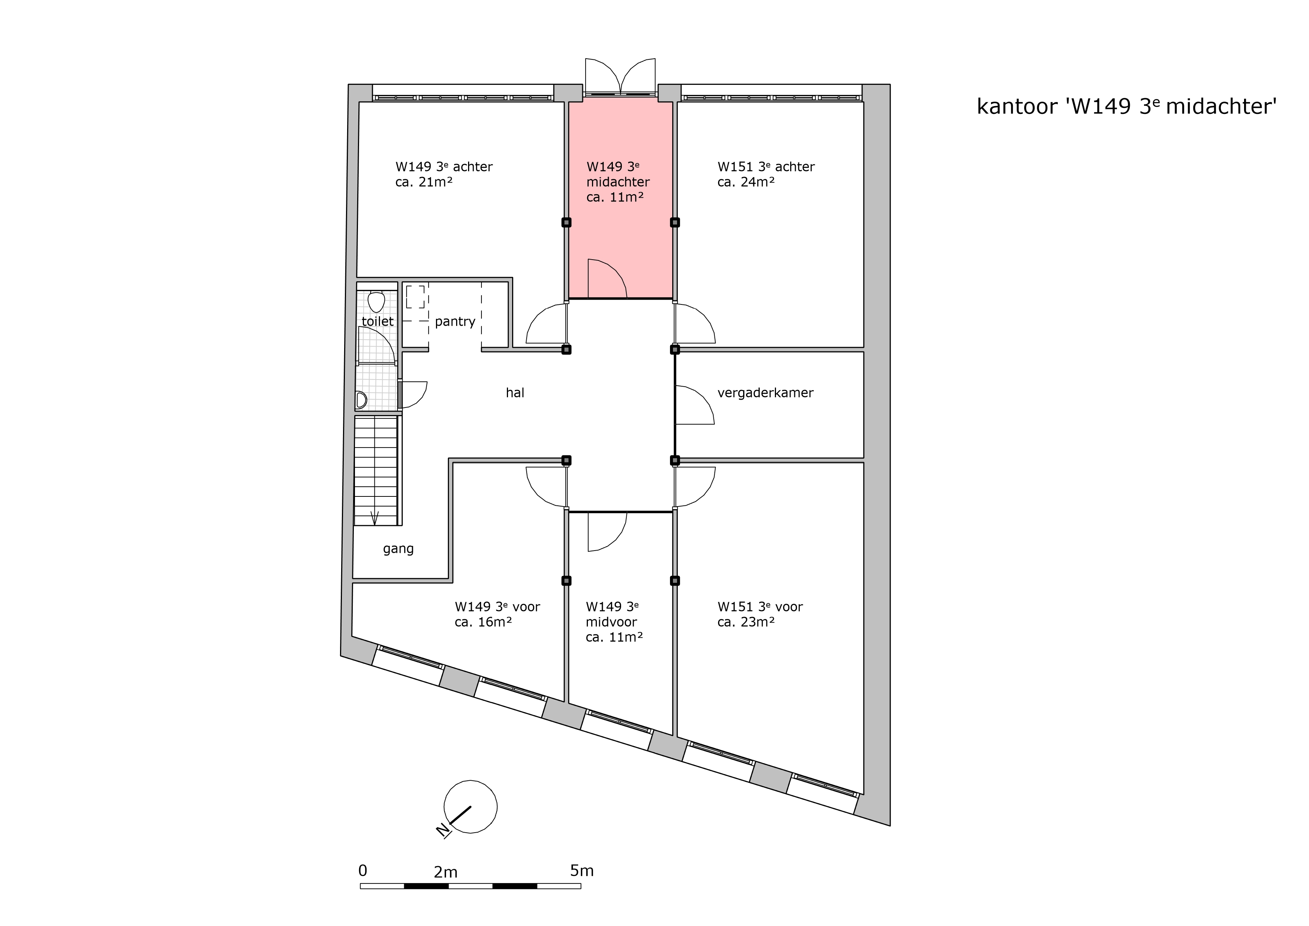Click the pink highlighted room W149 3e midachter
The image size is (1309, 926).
pyautogui.click(x=620, y=240)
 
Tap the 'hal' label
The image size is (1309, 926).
pyautogui.click(x=515, y=393)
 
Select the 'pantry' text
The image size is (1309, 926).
pyautogui.click(x=455, y=322)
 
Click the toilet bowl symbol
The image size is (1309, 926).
pyautogui.click(x=376, y=301)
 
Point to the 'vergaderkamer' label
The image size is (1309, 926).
pyautogui.click(x=765, y=393)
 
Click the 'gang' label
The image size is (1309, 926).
pyautogui.click(x=398, y=549)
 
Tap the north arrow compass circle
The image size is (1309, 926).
pyautogui.click(x=470, y=807)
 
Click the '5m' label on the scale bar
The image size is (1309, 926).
pyautogui.click(x=582, y=871)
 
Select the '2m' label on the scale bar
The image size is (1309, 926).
pyautogui.click(x=446, y=872)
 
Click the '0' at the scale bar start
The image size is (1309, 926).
pyautogui.click(x=362, y=871)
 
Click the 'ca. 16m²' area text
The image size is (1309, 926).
pyautogui.click(x=483, y=622)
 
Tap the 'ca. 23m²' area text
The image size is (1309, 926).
pyautogui.click(x=746, y=622)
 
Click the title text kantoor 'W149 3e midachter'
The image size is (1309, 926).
pyautogui.click(x=1126, y=107)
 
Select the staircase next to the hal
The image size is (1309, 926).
pyautogui.click(x=376, y=471)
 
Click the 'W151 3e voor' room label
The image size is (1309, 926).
pyautogui.click(x=760, y=607)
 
